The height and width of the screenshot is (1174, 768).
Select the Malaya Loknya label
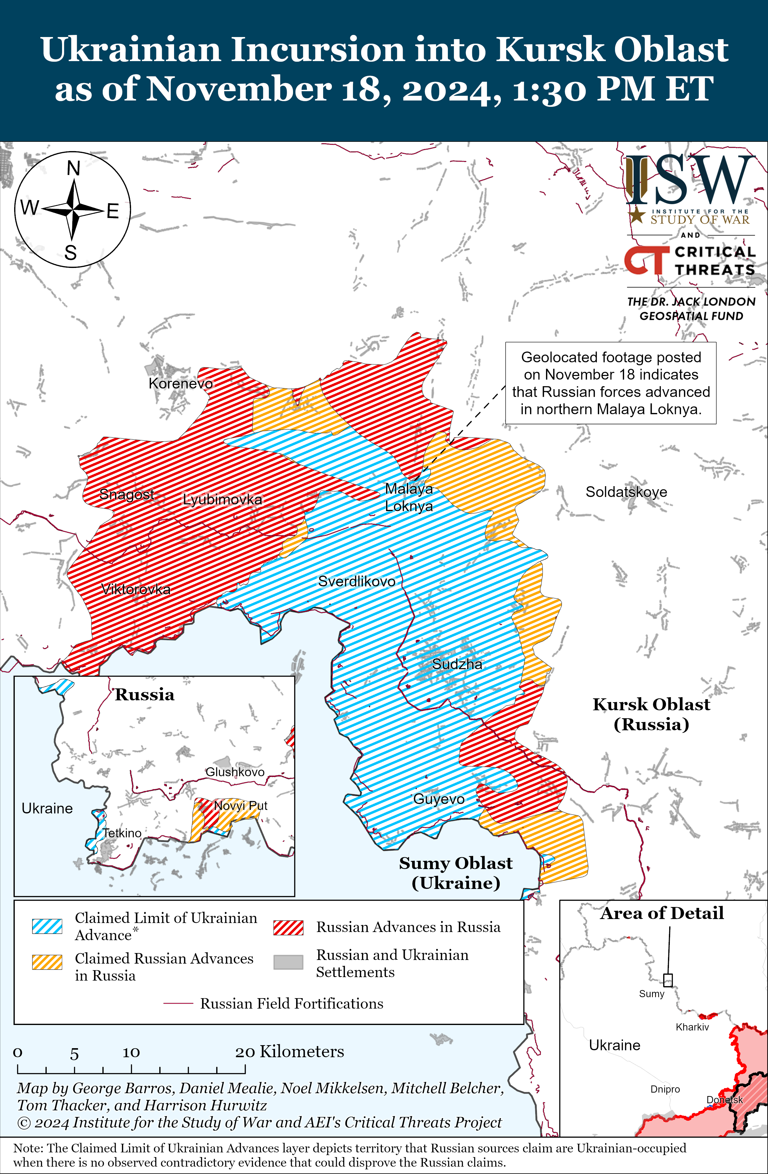pos(409,497)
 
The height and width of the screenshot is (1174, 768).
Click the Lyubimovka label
pos(222,499)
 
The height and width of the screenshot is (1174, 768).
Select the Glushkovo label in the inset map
pos(235,772)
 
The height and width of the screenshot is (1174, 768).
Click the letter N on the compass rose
pos(73,169)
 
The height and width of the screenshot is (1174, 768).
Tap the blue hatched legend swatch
pos(47,926)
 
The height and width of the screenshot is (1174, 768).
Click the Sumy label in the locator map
pos(651,993)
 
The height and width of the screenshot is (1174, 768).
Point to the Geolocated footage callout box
pos(610,383)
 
